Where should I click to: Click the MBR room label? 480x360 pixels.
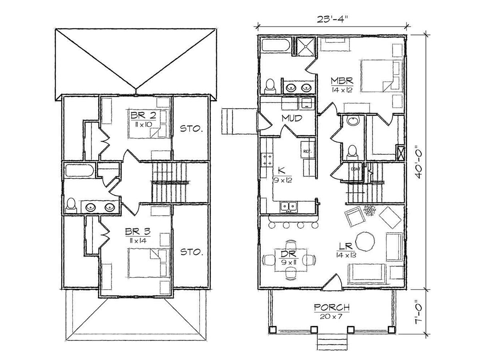[x=342, y=81]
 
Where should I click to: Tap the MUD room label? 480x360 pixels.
[x=292, y=118]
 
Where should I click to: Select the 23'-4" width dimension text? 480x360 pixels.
[x=332, y=20]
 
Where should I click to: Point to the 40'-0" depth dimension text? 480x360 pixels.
[x=418, y=162]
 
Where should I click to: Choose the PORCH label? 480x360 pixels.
[x=332, y=308]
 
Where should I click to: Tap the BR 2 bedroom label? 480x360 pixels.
[x=143, y=115]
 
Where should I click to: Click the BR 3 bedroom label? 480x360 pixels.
[x=138, y=232]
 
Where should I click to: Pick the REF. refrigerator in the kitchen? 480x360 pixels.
[x=307, y=151]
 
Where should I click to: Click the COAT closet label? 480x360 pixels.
[x=355, y=169]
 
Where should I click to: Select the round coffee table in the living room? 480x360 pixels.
[x=365, y=242]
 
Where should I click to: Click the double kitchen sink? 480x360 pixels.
[x=289, y=206]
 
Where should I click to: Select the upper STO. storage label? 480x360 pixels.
[x=191, y=129]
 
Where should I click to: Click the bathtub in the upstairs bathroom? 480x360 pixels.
[x=80, y=170]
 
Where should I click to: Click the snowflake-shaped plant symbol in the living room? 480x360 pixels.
[x=370, y=210]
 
